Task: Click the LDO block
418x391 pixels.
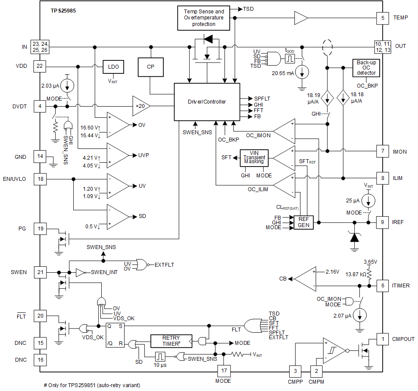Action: (113, 67)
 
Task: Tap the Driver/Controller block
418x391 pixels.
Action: (206, 102)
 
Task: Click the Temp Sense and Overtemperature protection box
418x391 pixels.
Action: (204, 18)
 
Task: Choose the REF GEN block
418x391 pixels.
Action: (303, 222)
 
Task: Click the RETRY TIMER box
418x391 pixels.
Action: (171, 341)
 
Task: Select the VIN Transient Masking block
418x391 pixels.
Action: (254, 158)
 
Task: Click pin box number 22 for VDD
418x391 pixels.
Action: (40, 66)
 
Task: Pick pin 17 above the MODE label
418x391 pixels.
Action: (224, 371)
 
